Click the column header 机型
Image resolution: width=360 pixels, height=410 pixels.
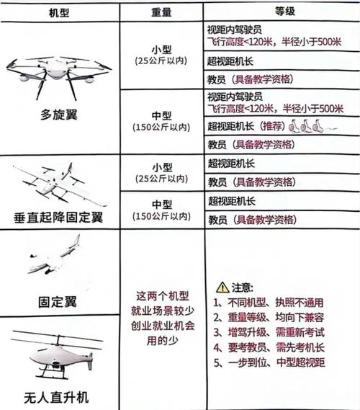[x=58, y=12]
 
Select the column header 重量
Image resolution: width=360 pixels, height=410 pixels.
[x=161, y=12]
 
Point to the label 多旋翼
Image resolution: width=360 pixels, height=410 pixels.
[x=58, y=115]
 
